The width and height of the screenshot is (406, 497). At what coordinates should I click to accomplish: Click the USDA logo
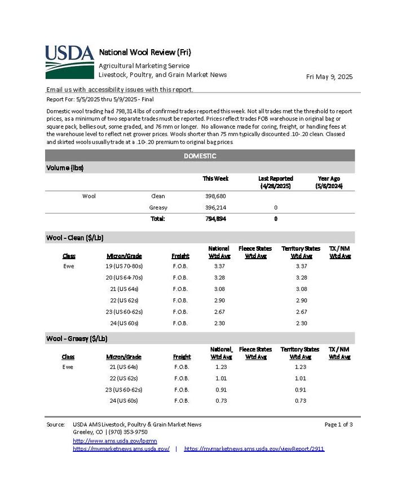(x=69, y=61)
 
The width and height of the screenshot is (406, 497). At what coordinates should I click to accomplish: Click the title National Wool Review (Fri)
(x=145, y=53)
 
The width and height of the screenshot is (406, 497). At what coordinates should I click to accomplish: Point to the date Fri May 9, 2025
(x=329, y=77)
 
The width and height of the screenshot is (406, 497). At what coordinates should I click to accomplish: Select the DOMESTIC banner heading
(x=200, y=156)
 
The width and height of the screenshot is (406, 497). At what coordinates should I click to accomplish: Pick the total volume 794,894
(x=215, y=219)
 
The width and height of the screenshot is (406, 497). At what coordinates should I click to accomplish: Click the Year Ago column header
(x=330, y=182)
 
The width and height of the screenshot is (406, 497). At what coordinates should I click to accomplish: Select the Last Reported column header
(x=275, y=182)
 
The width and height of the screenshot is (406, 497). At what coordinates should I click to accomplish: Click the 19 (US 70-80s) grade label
(x=124, y=266)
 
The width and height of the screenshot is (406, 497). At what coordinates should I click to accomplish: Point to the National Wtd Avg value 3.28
(x=219, y=277)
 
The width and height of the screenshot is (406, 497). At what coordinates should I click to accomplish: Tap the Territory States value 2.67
(x=301, y=312)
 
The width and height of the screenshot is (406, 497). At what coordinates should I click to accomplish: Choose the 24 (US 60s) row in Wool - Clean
(x=124, y=323)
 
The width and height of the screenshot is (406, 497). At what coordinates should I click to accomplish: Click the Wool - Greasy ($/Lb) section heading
(x=77, y=338)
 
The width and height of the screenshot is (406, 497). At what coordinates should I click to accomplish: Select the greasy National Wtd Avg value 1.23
(x=220, y=367)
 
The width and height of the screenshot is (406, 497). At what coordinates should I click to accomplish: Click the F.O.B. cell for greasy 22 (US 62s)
(x=182, y=378)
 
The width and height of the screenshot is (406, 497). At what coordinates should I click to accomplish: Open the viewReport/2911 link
(x=254, y=449)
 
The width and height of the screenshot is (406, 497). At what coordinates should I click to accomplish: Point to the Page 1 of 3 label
(x=338, y=424)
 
